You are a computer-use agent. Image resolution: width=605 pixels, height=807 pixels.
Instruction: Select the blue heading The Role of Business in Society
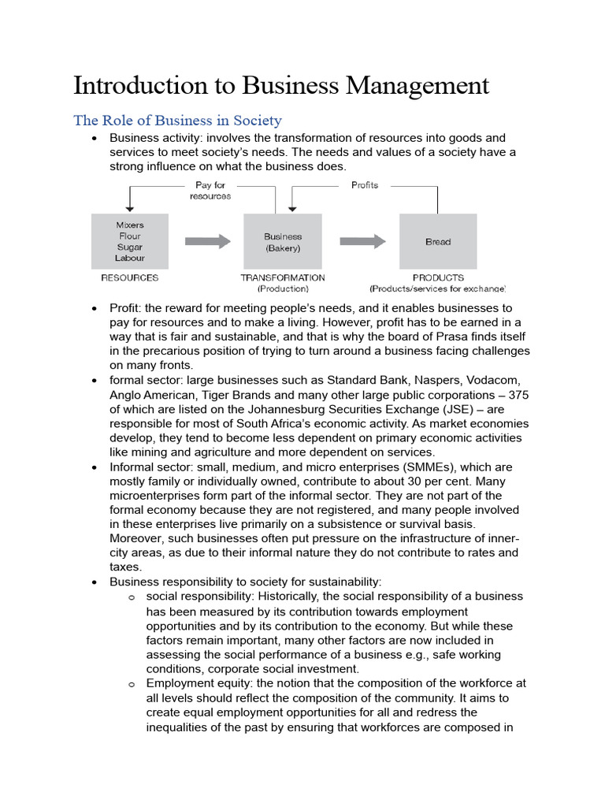(x=177, y=121)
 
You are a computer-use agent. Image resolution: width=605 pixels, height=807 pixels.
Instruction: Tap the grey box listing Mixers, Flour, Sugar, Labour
(x=130, y=241)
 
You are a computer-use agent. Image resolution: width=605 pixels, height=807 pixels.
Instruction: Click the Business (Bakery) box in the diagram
(x=282, y=242)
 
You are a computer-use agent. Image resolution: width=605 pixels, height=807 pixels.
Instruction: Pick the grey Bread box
(x=438, y=241)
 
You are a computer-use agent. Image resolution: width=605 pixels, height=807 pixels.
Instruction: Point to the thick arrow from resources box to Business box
(x=208, y=242)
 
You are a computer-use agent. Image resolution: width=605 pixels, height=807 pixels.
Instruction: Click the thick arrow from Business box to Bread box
(x=363, y=242)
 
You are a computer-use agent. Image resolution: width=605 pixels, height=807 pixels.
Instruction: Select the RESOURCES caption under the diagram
(x=130, y=277)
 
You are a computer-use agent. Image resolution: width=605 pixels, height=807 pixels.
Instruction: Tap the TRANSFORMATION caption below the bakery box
(x=282, y=277)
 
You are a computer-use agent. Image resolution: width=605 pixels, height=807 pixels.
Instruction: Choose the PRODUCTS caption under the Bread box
(x=438, y=277)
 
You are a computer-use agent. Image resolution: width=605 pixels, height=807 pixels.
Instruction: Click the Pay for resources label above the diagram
(x=210, y=191)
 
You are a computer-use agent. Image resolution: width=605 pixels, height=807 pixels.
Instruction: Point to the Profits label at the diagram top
(x=365, y=185)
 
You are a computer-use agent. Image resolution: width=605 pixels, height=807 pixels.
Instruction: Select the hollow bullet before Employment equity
(x=132, y=684)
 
